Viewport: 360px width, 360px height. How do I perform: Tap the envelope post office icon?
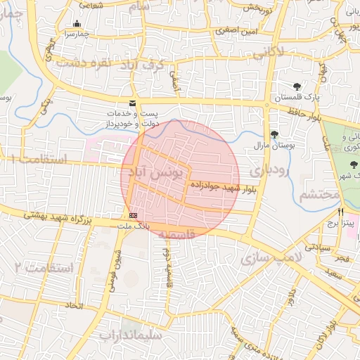point(132,103)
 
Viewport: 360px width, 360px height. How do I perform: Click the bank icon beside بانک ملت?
point(133,215)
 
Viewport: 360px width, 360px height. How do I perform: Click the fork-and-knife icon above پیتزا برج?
point(341,211)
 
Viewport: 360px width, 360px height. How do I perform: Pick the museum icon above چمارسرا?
point(76,23)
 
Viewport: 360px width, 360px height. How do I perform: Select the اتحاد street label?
point(74,306)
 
